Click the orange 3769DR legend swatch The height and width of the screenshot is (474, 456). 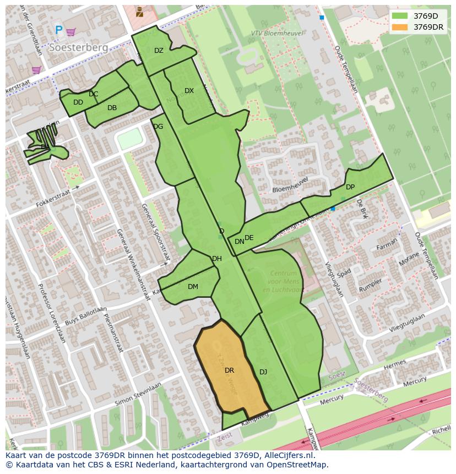400,27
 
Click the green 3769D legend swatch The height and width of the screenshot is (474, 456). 400,16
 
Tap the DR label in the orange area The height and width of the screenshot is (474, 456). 230,371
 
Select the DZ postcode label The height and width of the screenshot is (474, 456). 159,51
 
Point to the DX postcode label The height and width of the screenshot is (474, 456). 189,91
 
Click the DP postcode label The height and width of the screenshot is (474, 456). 350,187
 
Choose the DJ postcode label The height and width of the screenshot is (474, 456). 263,372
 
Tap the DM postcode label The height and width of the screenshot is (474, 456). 193,286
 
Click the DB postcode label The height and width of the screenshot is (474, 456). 112,108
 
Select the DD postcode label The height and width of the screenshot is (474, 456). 78,102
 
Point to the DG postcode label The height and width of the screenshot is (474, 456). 158,127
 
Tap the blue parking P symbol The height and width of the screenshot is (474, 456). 58,31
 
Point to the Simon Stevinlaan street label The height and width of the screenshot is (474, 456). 138,394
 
